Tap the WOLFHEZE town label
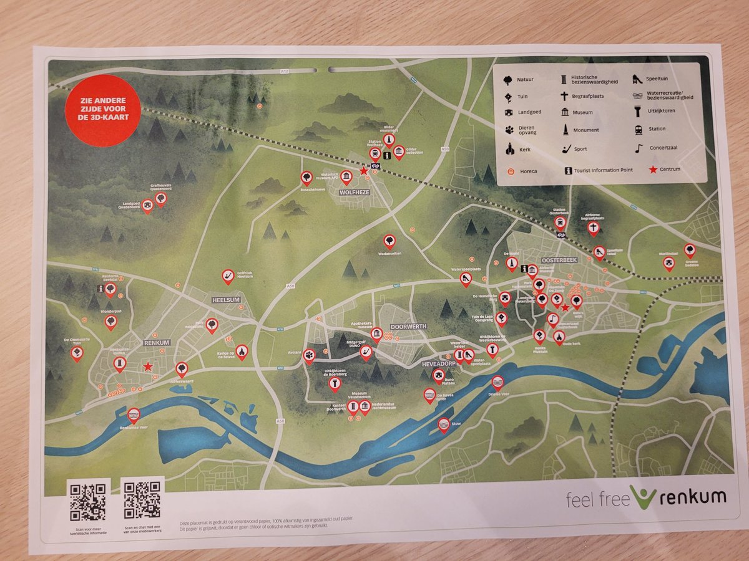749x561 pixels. (x=355, y=193)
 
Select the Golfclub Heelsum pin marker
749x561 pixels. (x=228, y=276)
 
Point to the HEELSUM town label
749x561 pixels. (x=226, y=300)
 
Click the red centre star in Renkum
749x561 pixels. (x=147, y=367)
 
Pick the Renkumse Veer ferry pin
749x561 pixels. (x=134, y=415)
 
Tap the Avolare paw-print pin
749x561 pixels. (x=310, y=355)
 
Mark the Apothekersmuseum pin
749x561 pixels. (x=376, y=334)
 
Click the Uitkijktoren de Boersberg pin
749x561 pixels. (x=335, y=383)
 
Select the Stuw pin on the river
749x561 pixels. (x=444, y=424)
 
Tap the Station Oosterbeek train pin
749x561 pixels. (x=560, y=222)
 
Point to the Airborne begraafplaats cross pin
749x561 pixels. (x=594, y=228)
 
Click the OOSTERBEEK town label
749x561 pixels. (x=561, y=263)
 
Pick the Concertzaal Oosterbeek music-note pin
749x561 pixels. (x=552, y=319)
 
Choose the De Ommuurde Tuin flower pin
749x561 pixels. (x=77, y=353)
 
